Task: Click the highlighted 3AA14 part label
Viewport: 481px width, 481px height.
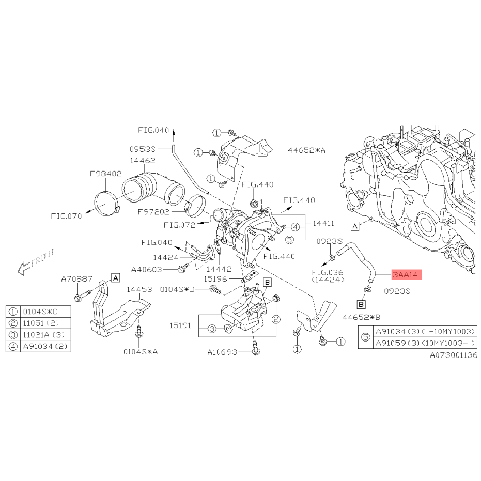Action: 407,274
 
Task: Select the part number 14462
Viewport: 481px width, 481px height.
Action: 143,161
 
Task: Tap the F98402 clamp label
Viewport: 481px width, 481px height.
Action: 105,174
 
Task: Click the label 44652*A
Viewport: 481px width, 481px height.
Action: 306,150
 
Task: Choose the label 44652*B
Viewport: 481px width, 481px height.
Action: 361,317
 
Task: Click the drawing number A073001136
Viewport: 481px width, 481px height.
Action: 454,355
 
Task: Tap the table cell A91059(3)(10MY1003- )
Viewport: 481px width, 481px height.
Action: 426,343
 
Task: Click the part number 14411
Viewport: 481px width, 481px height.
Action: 323,223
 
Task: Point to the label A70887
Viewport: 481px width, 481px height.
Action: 76,279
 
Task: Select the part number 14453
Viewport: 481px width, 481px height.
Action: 139,289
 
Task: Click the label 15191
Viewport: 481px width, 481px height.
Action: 180,325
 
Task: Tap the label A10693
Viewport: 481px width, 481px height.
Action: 222,352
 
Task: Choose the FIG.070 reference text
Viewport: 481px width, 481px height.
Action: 66,216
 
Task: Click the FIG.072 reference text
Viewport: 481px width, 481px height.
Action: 179,225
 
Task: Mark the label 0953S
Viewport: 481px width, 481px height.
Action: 143,149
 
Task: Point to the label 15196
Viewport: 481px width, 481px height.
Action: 215,279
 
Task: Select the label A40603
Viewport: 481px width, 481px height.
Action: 146,270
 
